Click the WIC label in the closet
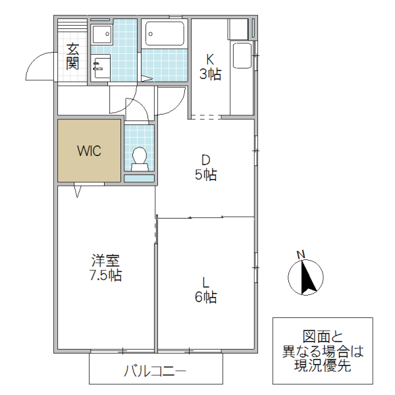[x=89, y=151]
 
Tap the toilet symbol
[x=139, y=157]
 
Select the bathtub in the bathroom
[x=165, y=32]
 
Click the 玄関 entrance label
[x=72, y=57]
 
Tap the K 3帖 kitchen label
[x=210, y=66]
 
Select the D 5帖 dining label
[x=205, y=167]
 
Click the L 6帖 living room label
[x=205, y=290]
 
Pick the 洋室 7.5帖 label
[x=105, y=267]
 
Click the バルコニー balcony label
[x=155, y=371]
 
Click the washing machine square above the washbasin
[x=101, y=34]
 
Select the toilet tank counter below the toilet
[x=139, y=177]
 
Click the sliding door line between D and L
[x=205, y=216]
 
